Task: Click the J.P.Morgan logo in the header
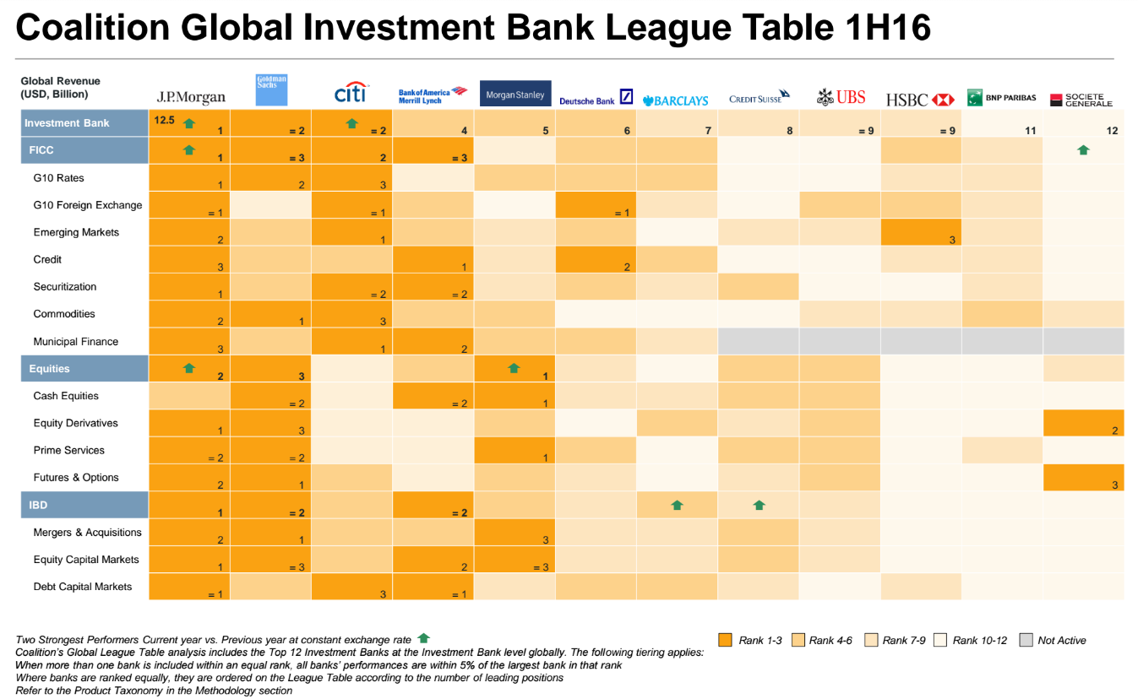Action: tap(191, 97)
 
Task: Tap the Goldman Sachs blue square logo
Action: tap(271, 89)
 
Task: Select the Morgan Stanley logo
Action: tap(515, 94)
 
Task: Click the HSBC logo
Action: tap(920, 100)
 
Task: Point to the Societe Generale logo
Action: tap(1081, 100)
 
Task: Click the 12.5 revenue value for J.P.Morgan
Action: tap(164, 121)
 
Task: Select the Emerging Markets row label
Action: tap(76, 232)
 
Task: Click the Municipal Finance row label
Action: tap(76, 342)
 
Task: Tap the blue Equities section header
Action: tap(84, 369)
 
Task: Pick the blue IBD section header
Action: tap(84, 505)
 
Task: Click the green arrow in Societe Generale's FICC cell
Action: tap(1083, 149)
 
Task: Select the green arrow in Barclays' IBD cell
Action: tap(677, 505)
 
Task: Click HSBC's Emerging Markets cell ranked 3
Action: tap(921, 232)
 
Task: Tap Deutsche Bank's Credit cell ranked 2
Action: tap(596, 259)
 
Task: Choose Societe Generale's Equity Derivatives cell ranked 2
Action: tap(1084, 423)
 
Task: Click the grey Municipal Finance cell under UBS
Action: tap(839, 341)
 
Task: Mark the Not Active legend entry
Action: tap(1053, 640)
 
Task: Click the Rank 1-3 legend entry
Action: tap(750, 640)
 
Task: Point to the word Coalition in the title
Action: tap(92, 27)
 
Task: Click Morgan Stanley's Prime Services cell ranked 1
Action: tap(515, 450)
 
